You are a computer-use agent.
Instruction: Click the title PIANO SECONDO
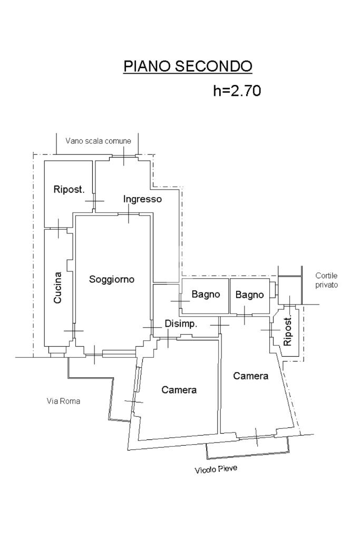click(188, 66)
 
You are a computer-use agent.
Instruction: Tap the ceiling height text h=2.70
click(237, 91)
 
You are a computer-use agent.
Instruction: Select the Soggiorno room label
click(111, 279)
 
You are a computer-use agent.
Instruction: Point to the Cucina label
click(58, 287)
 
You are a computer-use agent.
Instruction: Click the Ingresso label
click(142, 199)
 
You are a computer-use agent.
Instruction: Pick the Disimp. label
click(181, 324)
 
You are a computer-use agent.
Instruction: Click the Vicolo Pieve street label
click(215, 468)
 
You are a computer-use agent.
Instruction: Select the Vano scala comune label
click(99, 141)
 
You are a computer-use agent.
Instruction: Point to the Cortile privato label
click(327, 280)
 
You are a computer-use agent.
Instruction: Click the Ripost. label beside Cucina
click(69, 189)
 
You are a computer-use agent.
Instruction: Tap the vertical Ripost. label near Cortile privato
click(288, 332)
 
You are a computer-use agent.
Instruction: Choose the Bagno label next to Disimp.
click(206, 295)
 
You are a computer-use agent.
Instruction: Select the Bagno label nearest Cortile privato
click(249, 295)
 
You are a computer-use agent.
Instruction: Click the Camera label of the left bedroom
click(179, 390)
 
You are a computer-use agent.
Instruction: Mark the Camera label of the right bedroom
click(251, 376)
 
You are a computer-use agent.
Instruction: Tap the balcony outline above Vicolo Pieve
click(247, 449)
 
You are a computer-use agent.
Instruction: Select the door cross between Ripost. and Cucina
click(57, 229)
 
